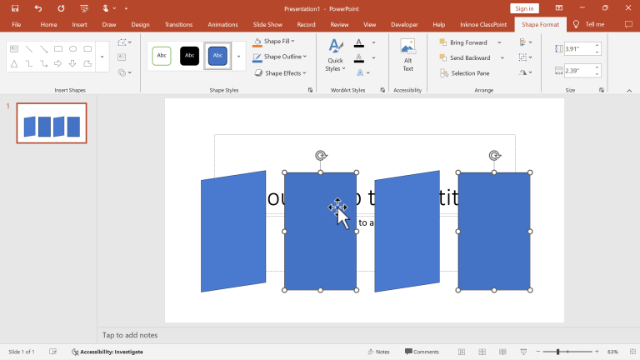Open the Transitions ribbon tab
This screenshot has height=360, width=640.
pyautogui.click(x=178, y=25)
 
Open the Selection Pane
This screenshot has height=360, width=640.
pyautogui.click(x=469, y=73)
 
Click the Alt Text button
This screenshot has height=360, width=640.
pyautogui.click(x=407, y=54)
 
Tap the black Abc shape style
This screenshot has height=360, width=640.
pyautogui.click(x=190, y=56)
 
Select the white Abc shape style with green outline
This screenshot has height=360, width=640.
pyautogui.click(x=161, y=56)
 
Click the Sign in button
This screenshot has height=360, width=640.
pyautogui.click(x=524, y=8)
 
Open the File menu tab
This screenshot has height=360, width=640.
pyautogui.click(x=16, y=25)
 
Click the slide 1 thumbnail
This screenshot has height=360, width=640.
pyautogui.click(x=52, y=123)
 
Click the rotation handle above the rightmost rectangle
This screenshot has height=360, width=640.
pyautogui.click(x=494, y=155)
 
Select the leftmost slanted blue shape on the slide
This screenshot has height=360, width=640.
pyautogui.click(x=232, y=231)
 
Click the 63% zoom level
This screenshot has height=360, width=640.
pyautogui.click(x=612, y=352)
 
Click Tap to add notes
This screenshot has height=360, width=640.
pyautogui.click(x=130, y=335)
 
